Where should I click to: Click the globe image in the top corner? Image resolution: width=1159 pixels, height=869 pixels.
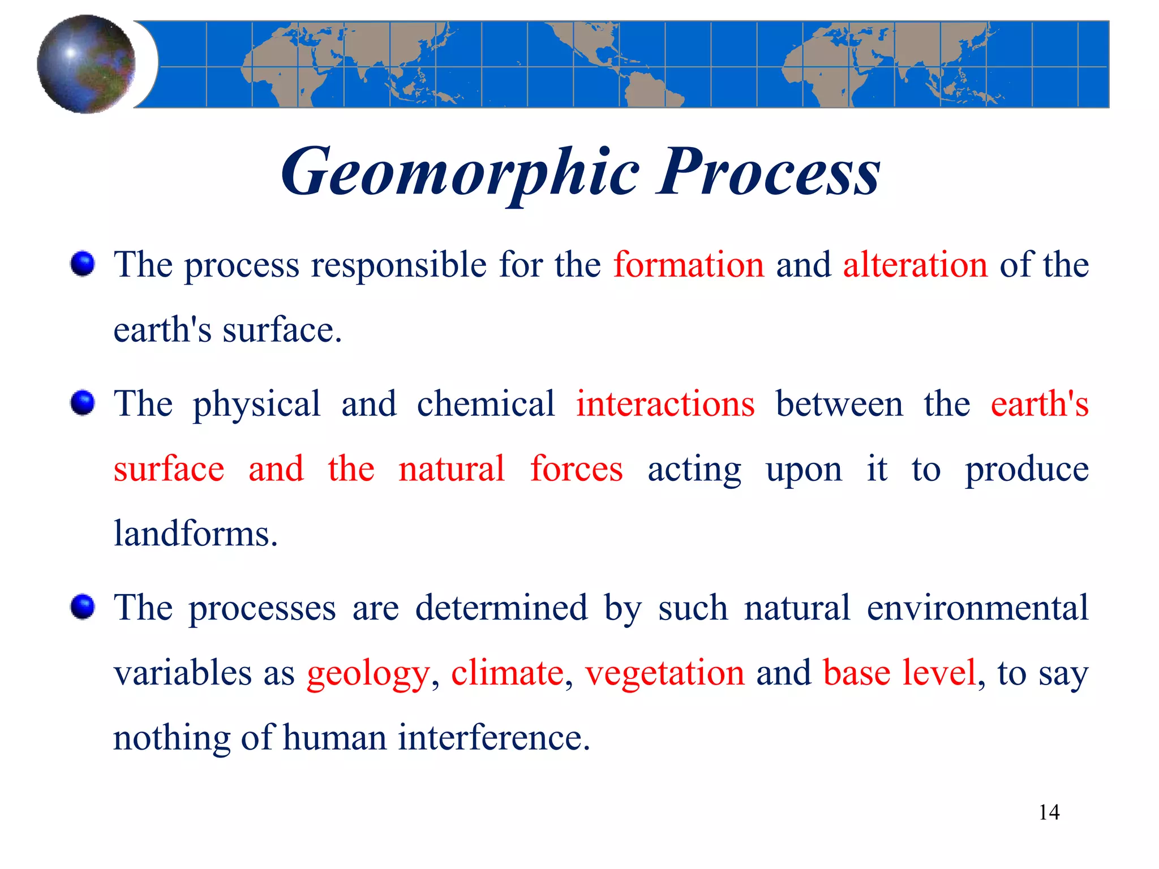[86, 64]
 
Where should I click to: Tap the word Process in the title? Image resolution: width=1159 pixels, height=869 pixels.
[767, 171]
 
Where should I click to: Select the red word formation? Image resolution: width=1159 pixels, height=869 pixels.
[689, 265]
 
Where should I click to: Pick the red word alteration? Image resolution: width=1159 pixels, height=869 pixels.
[915, 265]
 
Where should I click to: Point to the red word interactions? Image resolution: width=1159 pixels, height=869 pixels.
[666, 404]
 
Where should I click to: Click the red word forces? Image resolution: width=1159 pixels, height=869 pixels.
[576, 469]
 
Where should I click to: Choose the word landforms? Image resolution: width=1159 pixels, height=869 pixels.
[196, 534]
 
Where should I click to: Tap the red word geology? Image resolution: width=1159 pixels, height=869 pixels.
[368, 673]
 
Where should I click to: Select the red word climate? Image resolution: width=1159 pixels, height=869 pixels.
[507, 673]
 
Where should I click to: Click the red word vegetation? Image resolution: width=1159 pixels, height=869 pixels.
[665, 673]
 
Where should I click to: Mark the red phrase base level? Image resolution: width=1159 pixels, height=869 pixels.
[900, 673]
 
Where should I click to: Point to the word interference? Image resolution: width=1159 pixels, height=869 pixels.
[494, 738]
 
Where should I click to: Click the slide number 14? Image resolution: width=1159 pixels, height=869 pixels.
[1049, 812]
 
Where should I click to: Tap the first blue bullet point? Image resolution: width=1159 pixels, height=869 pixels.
[83, 264]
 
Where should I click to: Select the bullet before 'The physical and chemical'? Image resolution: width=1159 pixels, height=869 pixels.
[83, 403]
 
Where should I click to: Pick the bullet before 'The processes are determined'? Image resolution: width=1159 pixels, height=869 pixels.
[83, 608]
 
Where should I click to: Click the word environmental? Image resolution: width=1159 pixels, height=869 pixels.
[977, 608]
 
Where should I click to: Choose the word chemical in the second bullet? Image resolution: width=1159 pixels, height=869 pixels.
[486, 404]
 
